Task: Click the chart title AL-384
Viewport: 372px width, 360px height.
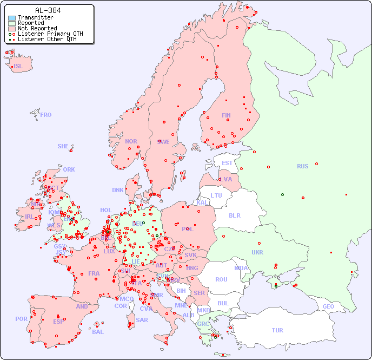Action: (48, 10)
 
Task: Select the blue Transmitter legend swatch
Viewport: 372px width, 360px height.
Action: (12, 17)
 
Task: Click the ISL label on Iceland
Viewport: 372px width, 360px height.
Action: (18, 67)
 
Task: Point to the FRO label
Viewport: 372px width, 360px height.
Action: (46, 115)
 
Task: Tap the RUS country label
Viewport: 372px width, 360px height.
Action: (302, 166)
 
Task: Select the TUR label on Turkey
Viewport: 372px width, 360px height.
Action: (277, 330)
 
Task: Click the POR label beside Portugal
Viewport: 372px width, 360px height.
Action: (21, 319)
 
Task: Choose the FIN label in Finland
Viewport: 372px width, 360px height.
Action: (226, 115)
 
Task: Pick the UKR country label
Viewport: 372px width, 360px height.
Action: (257, 252)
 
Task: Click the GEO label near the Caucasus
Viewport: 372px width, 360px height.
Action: (328, 306)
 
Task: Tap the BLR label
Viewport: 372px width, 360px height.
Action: (234, 215)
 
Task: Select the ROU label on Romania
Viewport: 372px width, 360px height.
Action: (221, 279)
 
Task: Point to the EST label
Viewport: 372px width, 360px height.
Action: (227, 163)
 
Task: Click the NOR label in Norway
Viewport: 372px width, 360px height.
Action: (131, 141)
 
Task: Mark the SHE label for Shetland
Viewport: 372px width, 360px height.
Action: (63, 146)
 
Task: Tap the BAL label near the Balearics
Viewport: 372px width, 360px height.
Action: (98, 332)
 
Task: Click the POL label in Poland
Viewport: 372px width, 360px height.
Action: (188, 229)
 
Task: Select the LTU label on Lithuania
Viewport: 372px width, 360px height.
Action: (216, 195)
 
